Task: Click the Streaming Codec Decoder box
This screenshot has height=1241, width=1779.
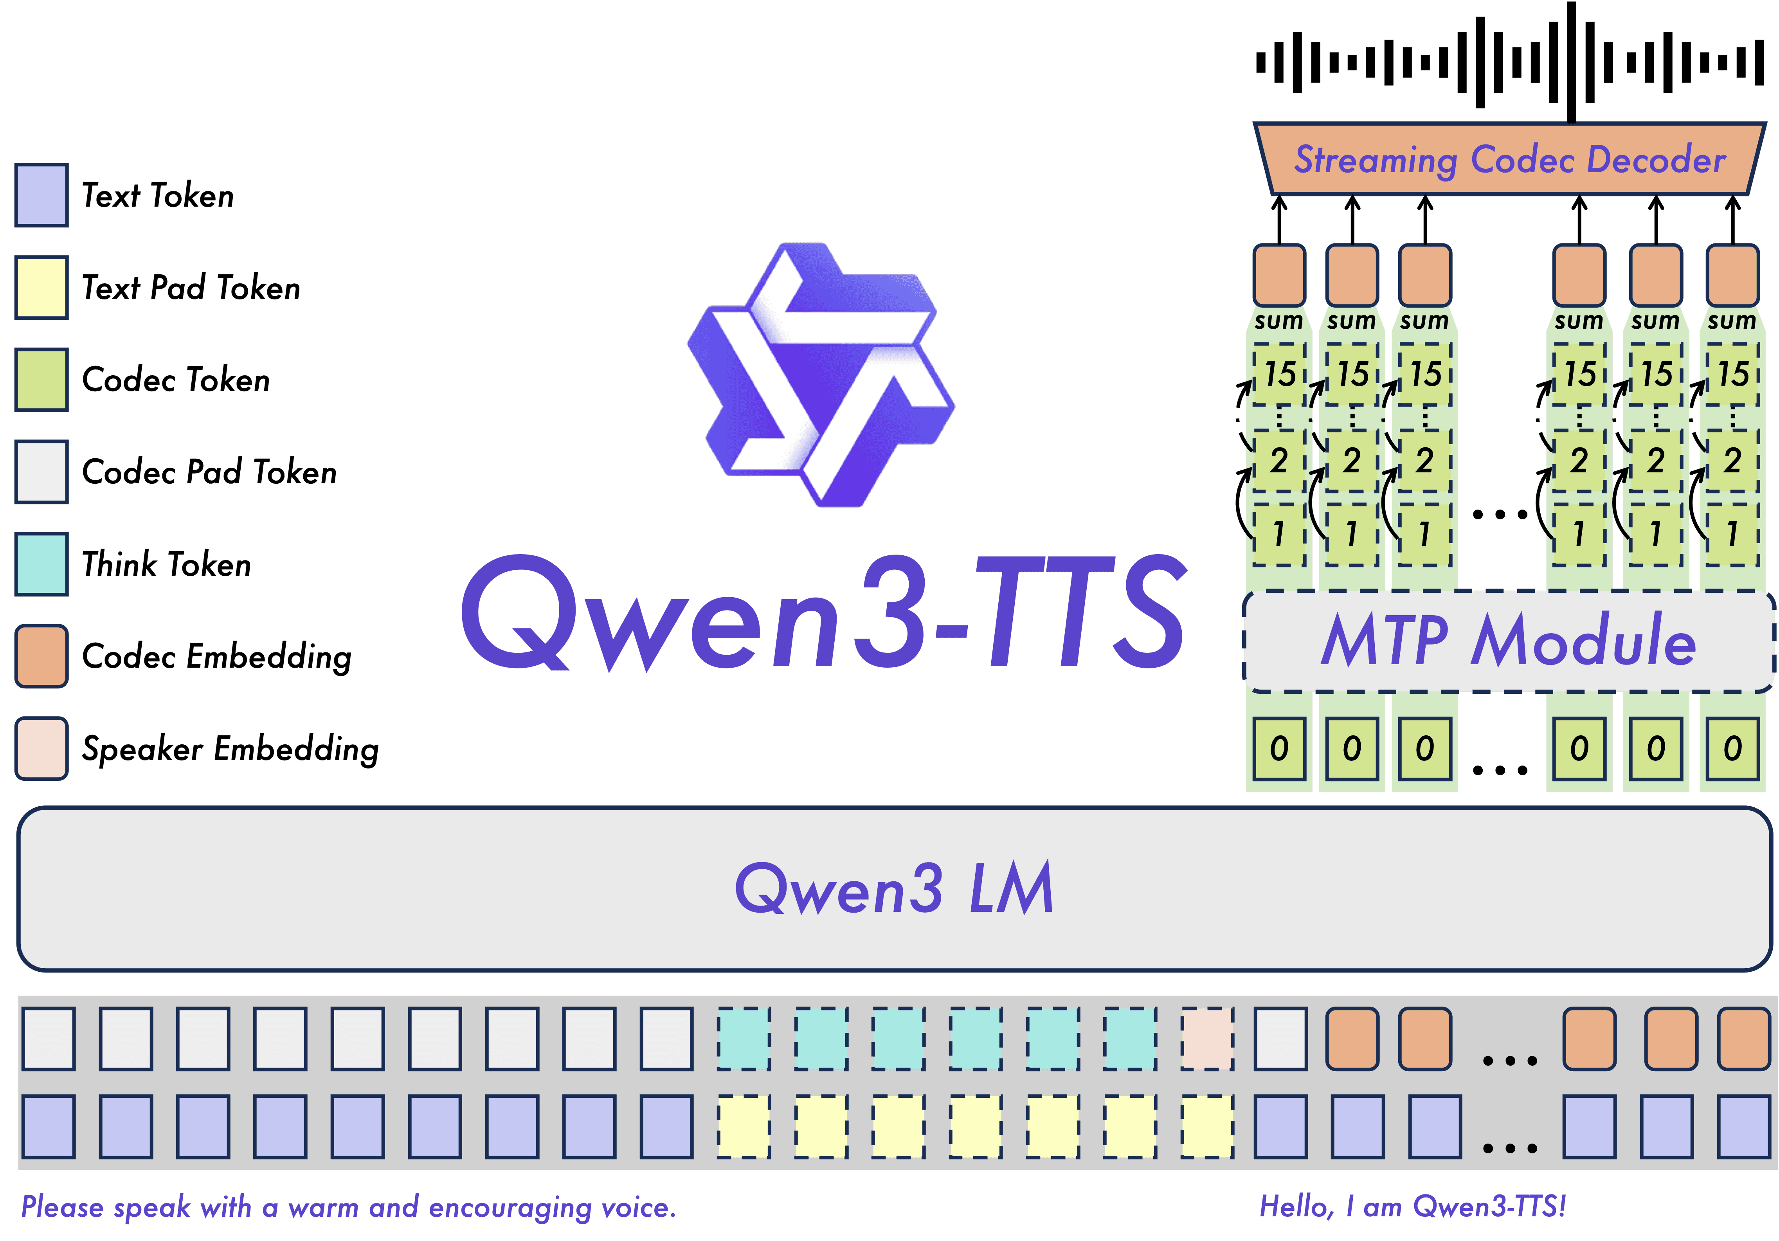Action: coord(1509,159)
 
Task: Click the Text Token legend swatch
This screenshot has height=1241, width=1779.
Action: coord(41,195)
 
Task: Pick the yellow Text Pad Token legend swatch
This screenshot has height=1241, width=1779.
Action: coord(41,287)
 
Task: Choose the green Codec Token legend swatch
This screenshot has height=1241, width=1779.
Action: coord(41,380)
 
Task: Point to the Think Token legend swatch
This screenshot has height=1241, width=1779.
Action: coord(41,564)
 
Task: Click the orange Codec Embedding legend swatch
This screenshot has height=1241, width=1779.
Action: coord(41,656)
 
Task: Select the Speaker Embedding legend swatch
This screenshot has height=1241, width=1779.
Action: coord(41,748)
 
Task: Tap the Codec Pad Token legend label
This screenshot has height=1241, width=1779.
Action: coord(209,472)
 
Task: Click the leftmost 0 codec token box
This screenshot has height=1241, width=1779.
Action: coord(1279,748)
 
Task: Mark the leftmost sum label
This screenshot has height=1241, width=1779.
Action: coord(1278,321)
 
